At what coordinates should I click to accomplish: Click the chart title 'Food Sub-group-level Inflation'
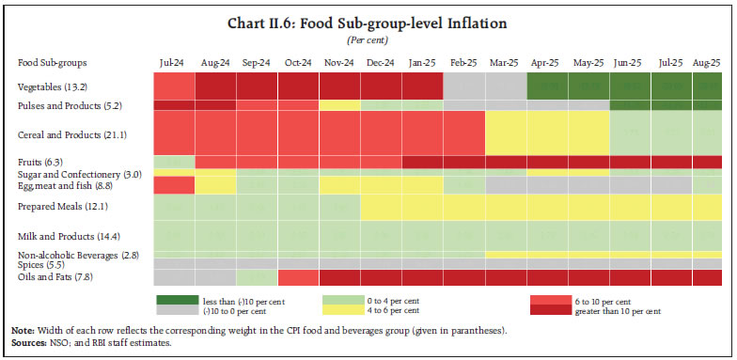368,23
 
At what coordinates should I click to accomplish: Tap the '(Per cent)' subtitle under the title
368,40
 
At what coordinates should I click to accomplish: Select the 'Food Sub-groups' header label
53,63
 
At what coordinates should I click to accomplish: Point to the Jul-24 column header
173,63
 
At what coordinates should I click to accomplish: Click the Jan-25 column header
422,63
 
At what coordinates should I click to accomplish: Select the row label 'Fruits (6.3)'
40,161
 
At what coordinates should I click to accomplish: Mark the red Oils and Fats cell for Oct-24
298,277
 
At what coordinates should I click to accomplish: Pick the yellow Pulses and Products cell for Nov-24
339,104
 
